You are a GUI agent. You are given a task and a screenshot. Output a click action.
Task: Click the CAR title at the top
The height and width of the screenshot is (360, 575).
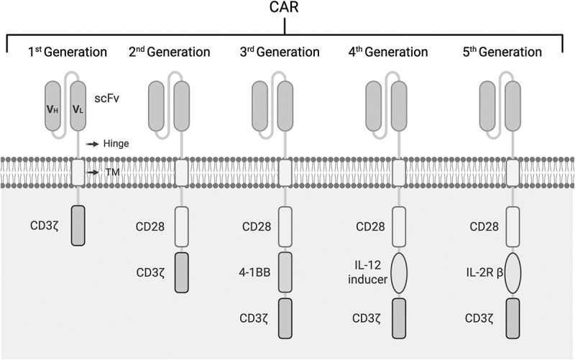point(286,9)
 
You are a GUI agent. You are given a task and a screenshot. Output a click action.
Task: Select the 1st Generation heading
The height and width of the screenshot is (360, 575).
point(68,52)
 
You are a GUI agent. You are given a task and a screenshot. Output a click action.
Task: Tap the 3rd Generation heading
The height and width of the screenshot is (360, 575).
point(283,52)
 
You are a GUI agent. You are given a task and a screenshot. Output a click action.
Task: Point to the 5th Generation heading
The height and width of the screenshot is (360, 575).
point(512,52)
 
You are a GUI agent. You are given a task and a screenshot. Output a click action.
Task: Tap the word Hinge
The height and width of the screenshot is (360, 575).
point(116,144)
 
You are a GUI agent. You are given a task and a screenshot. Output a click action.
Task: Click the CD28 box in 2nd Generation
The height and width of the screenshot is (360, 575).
point(181,226)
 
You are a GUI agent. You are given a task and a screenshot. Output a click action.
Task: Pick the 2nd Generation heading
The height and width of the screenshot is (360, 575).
point(170,52)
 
